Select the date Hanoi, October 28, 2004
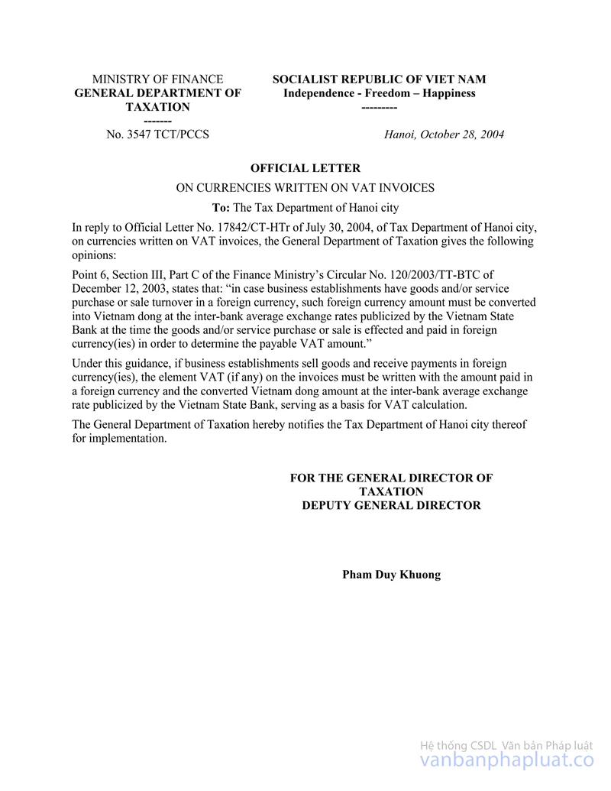[444, 135]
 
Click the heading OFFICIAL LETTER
[305, 168]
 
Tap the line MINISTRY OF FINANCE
[157, 79]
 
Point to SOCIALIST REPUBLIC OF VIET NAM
[379, 79]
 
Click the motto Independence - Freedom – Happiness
[379, 93]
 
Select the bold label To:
[221, 207]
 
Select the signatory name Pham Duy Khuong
[391, 575]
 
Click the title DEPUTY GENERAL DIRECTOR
[391, 505]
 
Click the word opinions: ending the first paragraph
[93, 255]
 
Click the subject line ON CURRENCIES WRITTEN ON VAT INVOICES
[305, 188]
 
